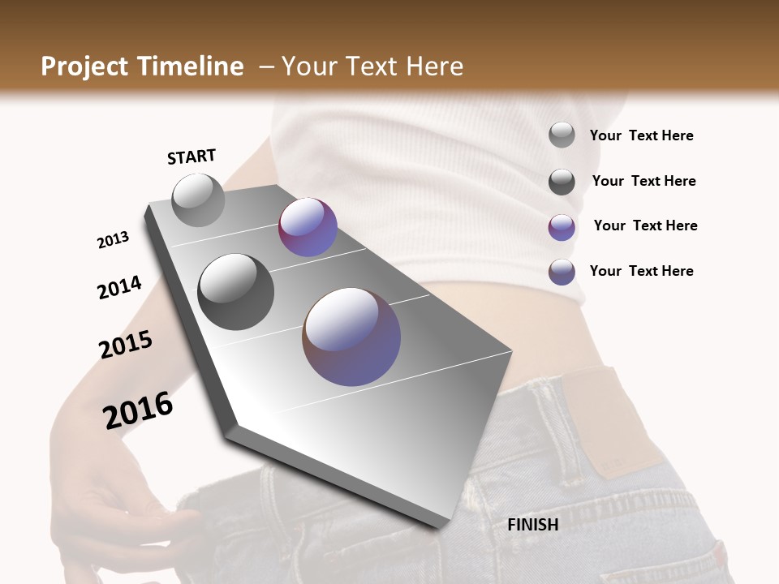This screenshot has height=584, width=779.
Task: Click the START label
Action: point(192,157)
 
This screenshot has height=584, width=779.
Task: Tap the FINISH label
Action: point(532,525)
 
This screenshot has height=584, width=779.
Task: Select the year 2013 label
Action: point(113,240)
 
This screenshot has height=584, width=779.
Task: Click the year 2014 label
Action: point(119,287)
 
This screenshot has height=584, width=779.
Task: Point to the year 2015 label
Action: point(126,345)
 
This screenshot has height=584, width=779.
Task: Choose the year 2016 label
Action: point(138,410)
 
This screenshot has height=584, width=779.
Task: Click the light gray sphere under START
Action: point(199,200)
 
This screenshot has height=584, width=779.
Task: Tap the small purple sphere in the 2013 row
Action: point(308,227)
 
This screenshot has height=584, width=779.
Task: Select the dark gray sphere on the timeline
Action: point(236,291)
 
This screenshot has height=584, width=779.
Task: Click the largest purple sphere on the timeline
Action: point(351,337)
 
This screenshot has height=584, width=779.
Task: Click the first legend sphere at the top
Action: point(562,135)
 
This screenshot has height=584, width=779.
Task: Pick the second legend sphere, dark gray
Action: point(562,182)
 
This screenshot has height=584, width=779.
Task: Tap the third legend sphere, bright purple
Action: point(562,227)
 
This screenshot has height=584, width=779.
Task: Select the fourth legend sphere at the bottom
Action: point(562,272)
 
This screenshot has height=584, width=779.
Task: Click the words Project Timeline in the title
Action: point(142,67)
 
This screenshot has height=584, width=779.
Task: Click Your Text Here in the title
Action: point(372,67)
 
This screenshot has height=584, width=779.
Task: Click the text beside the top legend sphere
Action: point(641,136)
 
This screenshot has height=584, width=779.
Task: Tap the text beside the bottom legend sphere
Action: point(641,271)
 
